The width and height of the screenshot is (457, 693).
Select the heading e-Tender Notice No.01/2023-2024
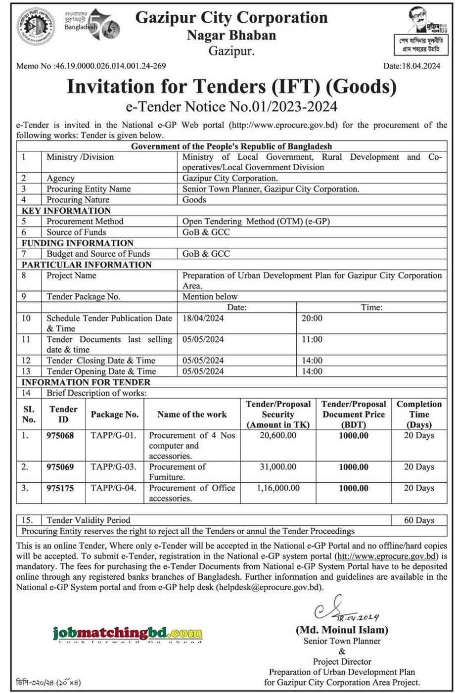point(231,106)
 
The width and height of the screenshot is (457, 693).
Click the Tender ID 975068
point(60,436)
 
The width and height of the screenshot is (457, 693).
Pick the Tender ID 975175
point(60,488)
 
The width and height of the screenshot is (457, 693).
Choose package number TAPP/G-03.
point(113,467)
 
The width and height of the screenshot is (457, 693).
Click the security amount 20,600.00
point(278,436)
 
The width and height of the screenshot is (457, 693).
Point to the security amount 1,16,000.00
point(278,488)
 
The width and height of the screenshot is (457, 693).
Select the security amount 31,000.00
point(278,467)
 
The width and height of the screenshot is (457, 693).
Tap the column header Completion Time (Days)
point(419,415)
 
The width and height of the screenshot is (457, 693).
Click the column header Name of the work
point(192,415)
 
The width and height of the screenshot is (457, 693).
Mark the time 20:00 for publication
point(312,319)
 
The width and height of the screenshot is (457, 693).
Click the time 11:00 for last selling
point(312,340)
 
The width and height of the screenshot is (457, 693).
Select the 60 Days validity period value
point(419,520)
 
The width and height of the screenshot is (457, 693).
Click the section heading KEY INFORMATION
point(66,211)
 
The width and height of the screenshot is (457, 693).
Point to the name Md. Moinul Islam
point(342,630)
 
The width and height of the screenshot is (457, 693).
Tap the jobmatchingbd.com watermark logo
point(127,633)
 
